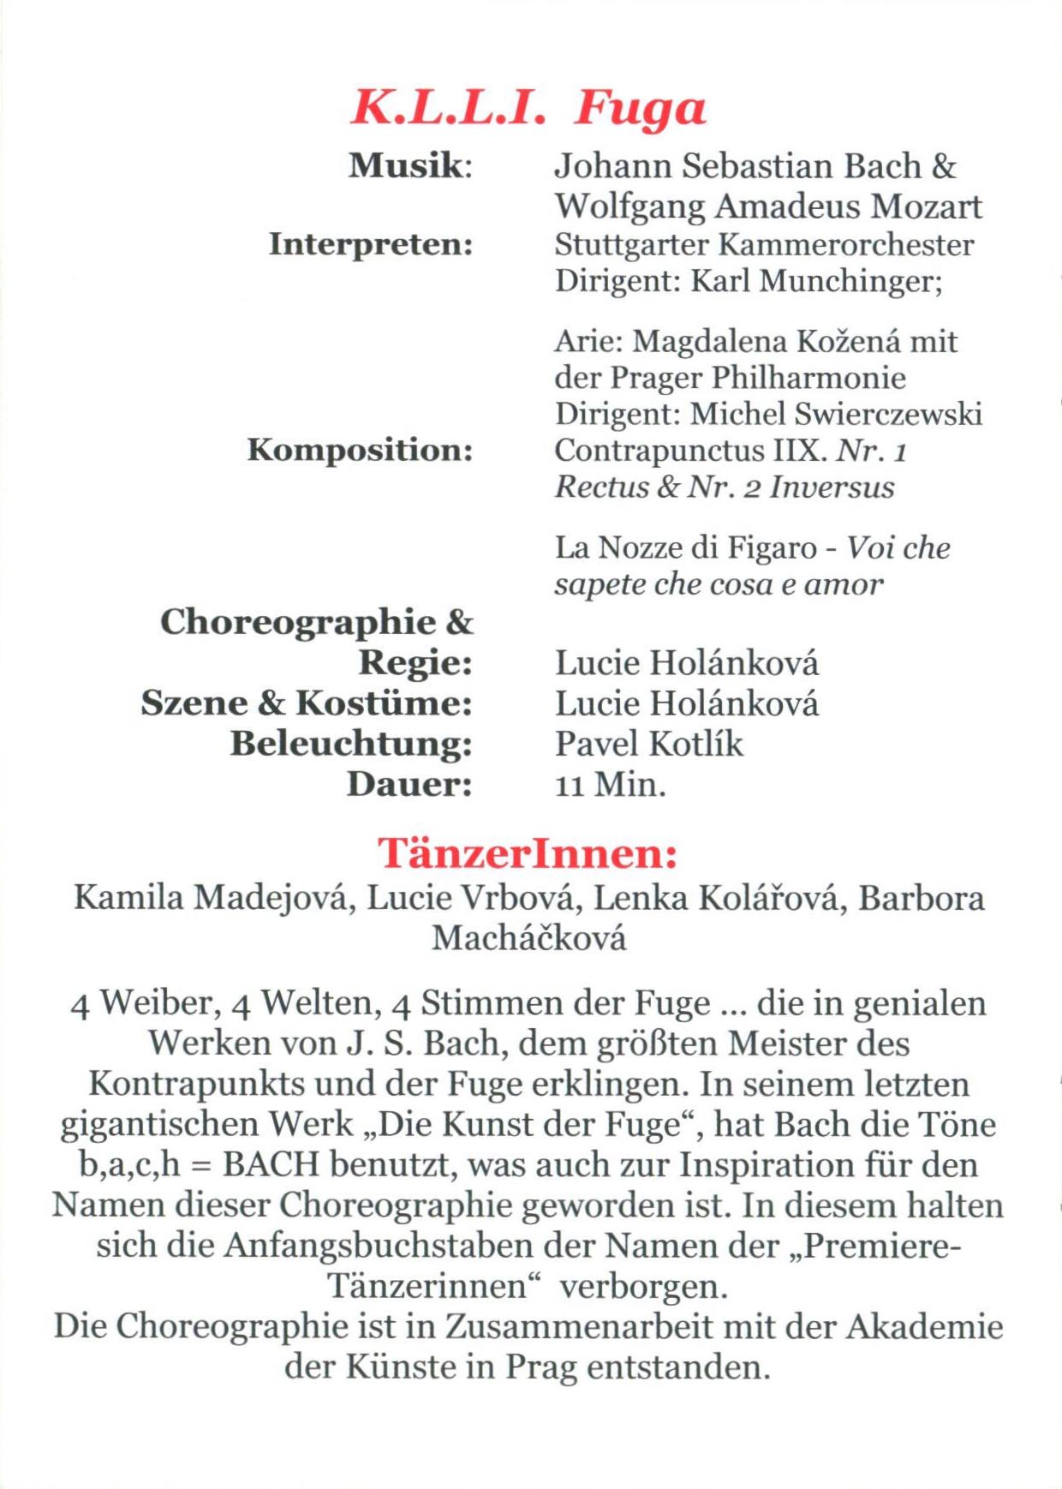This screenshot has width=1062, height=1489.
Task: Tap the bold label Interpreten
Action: tap(370, 244)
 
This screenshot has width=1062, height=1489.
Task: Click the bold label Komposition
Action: tap(360, 450)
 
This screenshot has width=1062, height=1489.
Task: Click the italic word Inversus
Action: tap(832, 487)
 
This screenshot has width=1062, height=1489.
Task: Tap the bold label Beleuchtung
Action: tap(351, 744)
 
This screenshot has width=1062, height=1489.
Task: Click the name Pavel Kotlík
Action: tap(648, 744)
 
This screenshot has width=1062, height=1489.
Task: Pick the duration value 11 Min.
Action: tap(610, 784)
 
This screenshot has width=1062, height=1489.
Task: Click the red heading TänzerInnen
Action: tap(528, 853)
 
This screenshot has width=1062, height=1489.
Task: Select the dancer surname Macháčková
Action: tap(528, 938)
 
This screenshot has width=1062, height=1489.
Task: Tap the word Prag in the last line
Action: tap(540, 1366)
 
